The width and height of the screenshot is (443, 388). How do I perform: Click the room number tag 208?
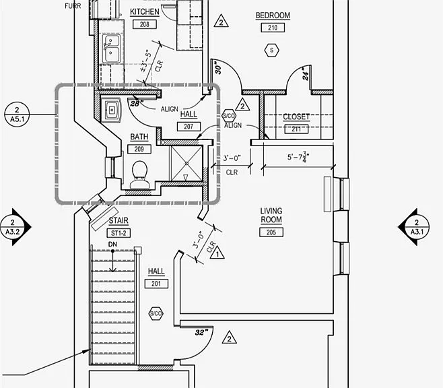coord(144,24)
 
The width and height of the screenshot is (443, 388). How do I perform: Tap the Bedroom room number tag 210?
coord(273,28)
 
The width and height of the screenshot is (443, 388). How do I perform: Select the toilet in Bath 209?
coord(139,174)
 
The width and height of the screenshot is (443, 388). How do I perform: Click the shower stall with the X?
coord(186,163)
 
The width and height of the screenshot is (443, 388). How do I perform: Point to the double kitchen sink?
coord(110,48)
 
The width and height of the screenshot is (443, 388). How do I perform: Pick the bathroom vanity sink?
coord(112,110)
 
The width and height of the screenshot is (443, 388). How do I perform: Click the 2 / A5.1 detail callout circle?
coord(17,114)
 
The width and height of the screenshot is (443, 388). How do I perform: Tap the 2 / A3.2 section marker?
coord(15,227)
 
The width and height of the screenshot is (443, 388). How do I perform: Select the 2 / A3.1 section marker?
coord(414,227)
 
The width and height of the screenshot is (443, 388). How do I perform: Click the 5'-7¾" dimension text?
coord(298,157)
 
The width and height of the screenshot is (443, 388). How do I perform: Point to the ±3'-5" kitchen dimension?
coord(146,61)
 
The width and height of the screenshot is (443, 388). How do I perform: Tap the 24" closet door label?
coord(305,73)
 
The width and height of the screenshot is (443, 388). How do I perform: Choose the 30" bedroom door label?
coord(218,68)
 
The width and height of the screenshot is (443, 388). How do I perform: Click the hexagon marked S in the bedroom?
coord(272,51)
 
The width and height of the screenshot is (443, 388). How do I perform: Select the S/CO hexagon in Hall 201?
coord(156,313)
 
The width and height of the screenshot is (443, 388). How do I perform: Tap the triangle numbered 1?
coord(217,253)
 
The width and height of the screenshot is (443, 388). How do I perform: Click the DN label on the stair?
coord(112,244)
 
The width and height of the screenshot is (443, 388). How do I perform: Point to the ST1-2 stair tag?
coord(118,233)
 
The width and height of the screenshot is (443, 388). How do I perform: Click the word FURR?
coord(73,6)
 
